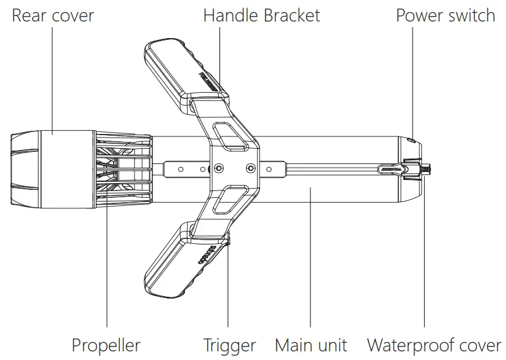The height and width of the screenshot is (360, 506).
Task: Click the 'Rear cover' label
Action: pyautogui.click(x=53, y=15)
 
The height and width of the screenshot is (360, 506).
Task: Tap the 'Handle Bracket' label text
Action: pyautogui.click(x=261, y=15)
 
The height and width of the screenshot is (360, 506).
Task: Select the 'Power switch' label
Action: pyautogui.click(x=445, y=15)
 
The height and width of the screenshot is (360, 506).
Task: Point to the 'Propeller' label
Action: pyautogui.click(x=106, y=345)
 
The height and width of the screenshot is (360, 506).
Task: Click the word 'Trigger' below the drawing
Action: pyautogui.click(x=229, y=345)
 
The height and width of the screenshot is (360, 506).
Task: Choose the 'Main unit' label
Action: pyautogui.click(x=310, y=345)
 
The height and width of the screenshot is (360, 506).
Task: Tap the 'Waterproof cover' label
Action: pyautogui.click(x=434, y=345)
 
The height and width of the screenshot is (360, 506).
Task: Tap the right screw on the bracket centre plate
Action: pyautogui.click(x=249, y=168)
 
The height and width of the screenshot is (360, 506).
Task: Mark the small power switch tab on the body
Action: pyautogui.click(x=411, y=140)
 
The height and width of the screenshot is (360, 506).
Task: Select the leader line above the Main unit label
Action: pyautogui.click(x=310, y=258)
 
